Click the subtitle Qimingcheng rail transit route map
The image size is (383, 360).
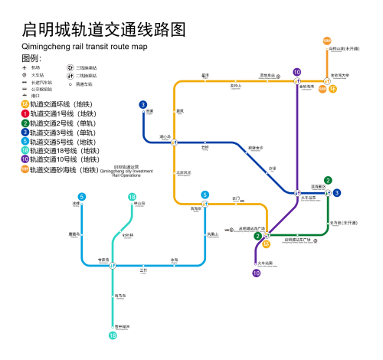(x=84, y=47)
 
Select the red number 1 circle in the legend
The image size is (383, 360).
(x=25, y=113)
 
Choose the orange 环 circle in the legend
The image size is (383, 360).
(x=25, y=104)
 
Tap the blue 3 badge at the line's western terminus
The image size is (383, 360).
(x=143, y=105)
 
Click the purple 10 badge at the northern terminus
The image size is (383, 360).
(x=296, y=72)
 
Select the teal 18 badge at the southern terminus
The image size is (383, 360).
(x=113, y=335)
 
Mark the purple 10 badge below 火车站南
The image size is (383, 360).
(x=257, y=272)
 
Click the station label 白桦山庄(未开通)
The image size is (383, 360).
(x=344, y=48)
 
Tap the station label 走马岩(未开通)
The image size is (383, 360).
(x=345, y=222)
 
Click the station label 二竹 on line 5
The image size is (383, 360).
(x=142, y=269)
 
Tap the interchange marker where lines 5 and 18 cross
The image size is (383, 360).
(x=113, y=266)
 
